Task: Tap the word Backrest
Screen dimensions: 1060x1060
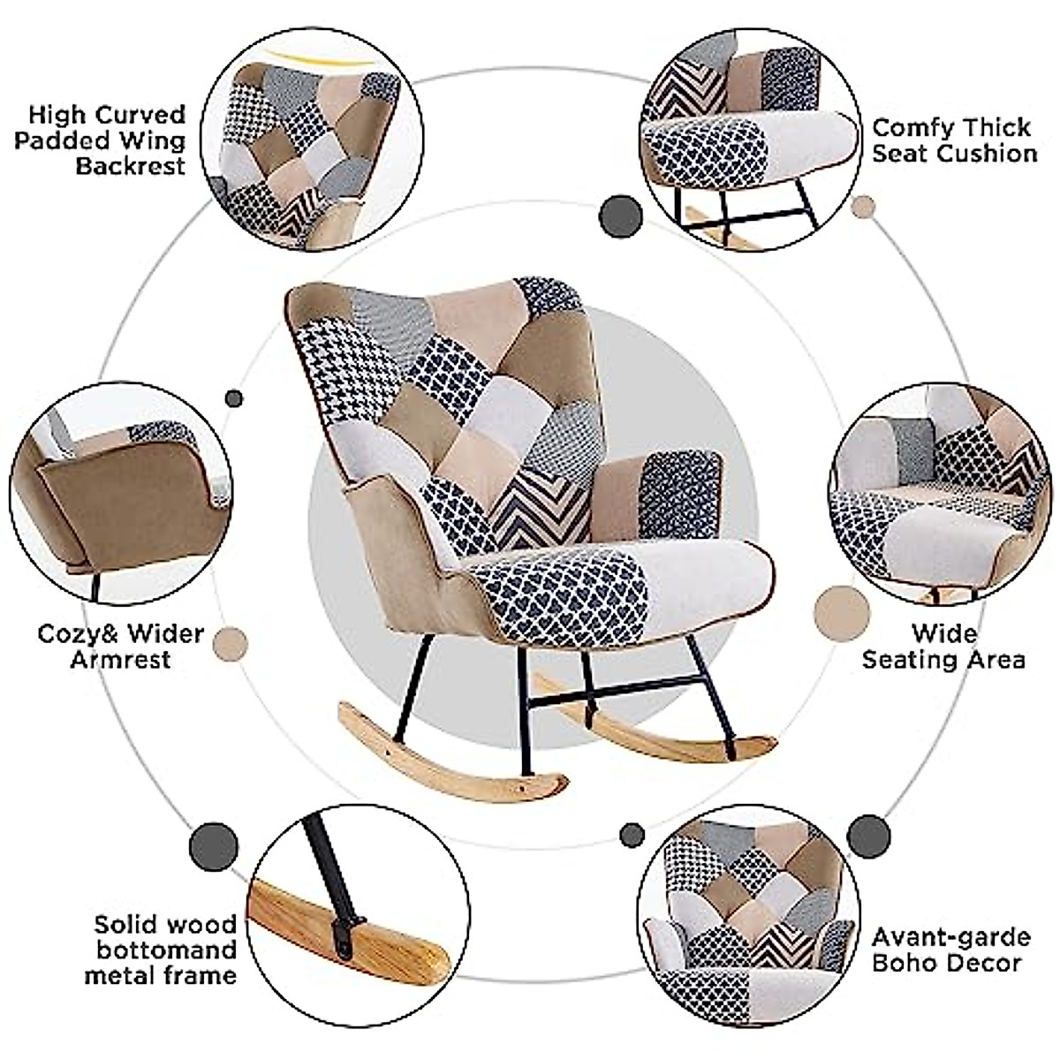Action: [131, 166]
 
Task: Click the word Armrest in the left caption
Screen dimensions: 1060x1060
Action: [120, 659]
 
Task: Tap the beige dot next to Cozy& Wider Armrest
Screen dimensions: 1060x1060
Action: [231, 644]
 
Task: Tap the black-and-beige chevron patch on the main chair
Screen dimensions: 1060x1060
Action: [539, 510]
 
